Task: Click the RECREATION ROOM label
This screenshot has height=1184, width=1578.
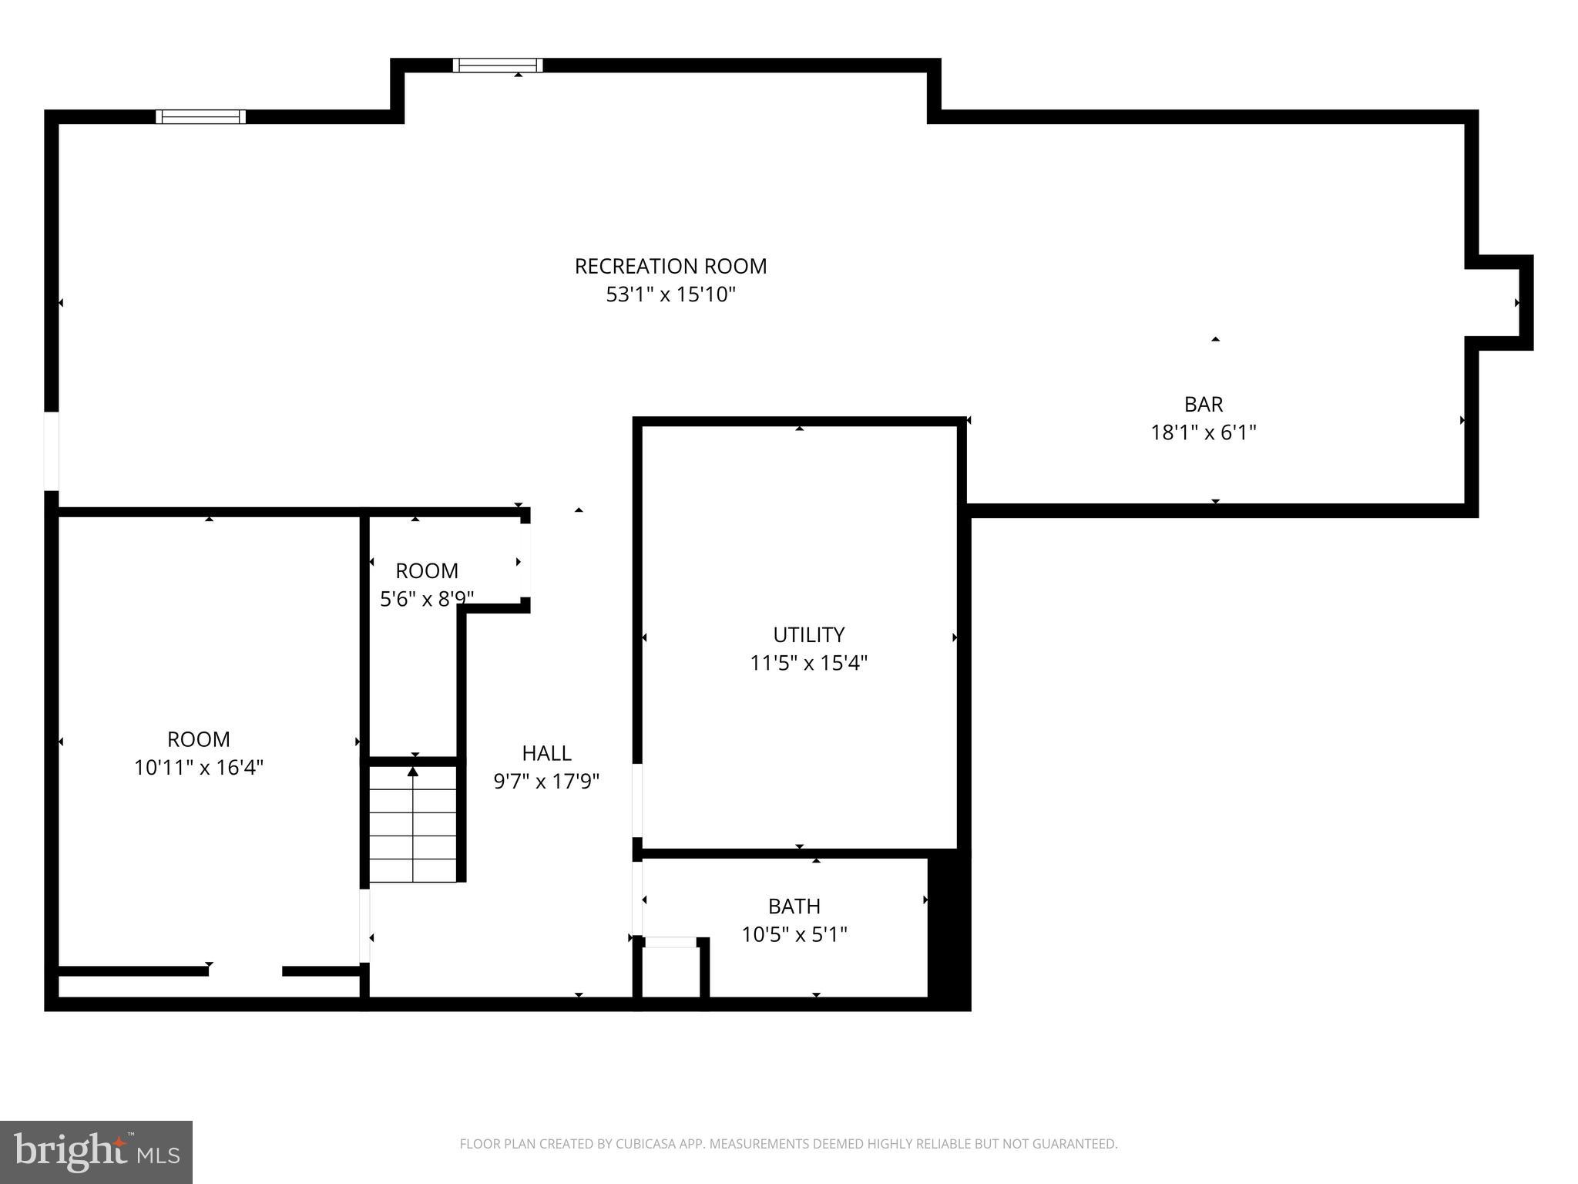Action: tap(670, 266)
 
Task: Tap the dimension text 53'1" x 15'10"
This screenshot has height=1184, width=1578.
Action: tap(670, 294)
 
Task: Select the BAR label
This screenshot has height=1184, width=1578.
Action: tap(1203, 404)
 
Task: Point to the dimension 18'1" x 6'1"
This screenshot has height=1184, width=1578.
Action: tap(1203, 432)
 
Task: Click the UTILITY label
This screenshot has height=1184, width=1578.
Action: tap(808, 634)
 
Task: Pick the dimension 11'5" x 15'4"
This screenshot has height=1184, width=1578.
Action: tap(808, 663)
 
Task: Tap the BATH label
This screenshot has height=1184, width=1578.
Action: tap(794, 906)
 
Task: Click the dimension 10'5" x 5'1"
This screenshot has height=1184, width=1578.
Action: tap(794, 934)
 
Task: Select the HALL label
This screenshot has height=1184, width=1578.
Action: tap(546, 753)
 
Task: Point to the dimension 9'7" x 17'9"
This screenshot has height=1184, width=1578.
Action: tap(546, 782)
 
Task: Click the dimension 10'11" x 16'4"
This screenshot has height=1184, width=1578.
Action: tap(199, 768)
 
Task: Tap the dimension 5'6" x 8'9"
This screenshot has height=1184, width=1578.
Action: tap(426, 599)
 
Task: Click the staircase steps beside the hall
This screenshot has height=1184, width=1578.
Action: tap(413, 825)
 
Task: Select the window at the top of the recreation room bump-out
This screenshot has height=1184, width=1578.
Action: tap(498, 66)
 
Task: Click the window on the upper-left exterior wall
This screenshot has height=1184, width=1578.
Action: tap(200, 116)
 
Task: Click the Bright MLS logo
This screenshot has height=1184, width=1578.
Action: tap(96, 1152)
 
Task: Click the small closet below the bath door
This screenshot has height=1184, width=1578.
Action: tap(670, 971)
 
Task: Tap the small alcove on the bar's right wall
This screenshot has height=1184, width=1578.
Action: tap(1499, 303)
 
